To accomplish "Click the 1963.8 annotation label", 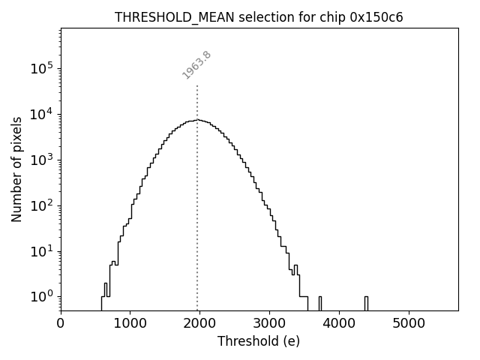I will (x=196, y=64).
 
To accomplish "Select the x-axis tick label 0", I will (x=61, y=324).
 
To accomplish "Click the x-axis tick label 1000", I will (x=130, y=324).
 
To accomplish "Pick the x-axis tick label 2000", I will (x=200, y=324).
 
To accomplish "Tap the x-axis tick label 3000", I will (x=269, y=324).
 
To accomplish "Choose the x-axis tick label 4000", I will (x=339, y=324).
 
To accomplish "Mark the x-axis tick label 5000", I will (x=409, y=324).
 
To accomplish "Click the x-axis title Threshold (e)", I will (x=259, y=341).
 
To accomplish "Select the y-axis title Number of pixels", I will (x=17, y=169).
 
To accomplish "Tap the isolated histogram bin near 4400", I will (x=366, y=303).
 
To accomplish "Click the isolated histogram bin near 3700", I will (x=320, y=303).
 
